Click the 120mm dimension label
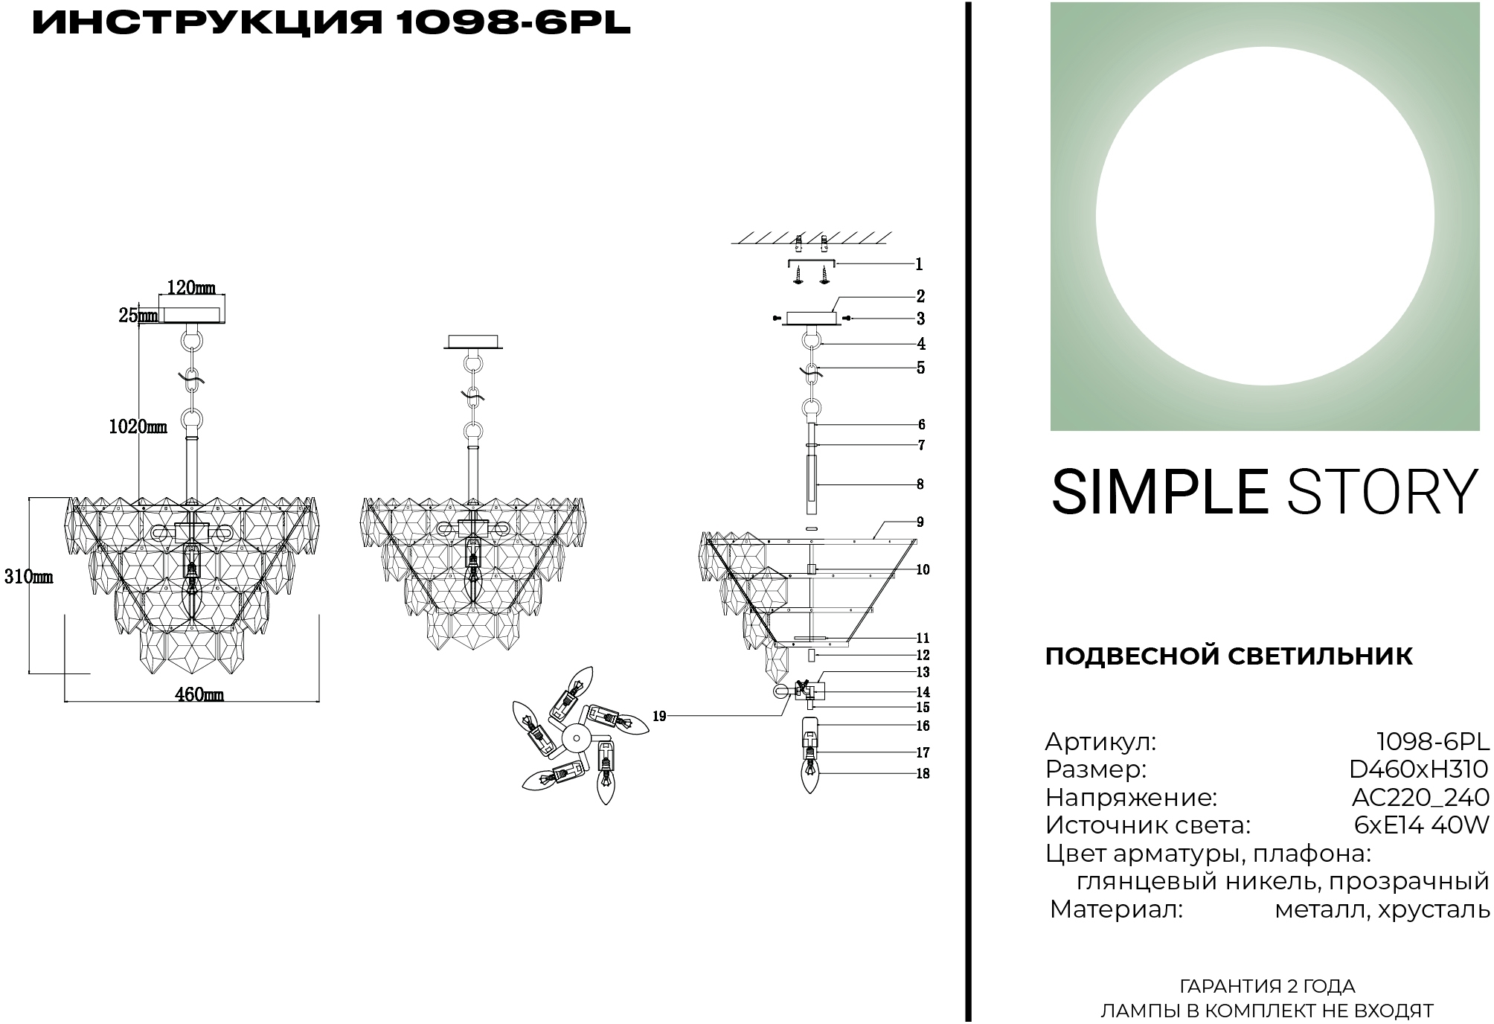[191, 287]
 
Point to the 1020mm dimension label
[138, 426]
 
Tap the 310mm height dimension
[28, 576]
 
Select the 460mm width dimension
[199, 694]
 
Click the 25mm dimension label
[138, 316]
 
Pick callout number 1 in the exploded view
[919, 264]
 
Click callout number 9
[920, 522]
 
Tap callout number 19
[659, 717]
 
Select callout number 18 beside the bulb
[923, 774]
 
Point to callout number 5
[920, 368]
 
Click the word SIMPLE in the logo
[1159, 492]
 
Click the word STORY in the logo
[1382, 492]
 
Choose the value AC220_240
[1420, 798]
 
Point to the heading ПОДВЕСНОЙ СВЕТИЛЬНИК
[1228, 656]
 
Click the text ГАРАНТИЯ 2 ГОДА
[1267, 987]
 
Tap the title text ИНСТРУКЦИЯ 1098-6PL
[332, 24]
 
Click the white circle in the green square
[1265, 217]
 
